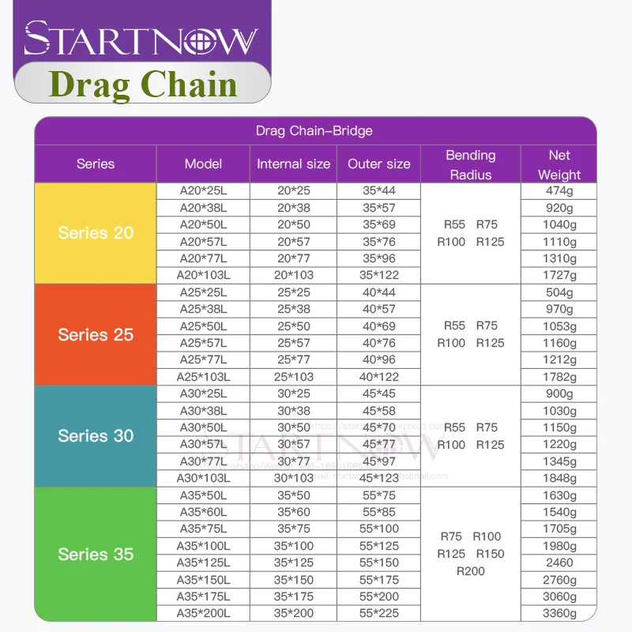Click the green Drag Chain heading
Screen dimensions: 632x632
pyautogui.click(x=143, y=84)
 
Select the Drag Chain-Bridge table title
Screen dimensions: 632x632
pyautogui.click(x=314, y=130)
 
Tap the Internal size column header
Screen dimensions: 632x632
pyautogui.click(x=293, y=164)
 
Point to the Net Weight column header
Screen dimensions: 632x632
pyautogui.click(x=559, y=164)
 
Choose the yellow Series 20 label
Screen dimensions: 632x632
pyautogui.click(x=96, y=233)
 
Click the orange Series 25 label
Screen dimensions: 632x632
pyautogui.click(x=96, y=334)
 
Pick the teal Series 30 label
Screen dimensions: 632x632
pyautogui.click(x=96, y=435)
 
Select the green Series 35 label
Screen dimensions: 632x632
pyautogui.click(x=96, y=554)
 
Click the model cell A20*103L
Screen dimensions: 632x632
pyautogui.click(x=203, y=275)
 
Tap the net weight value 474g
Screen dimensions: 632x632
pyautogui.click(x=559, y=191)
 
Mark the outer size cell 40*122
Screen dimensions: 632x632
pyautogui.click(x=379, y=376)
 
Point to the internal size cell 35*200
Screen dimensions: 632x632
pyautogui.click(x=293, y=613)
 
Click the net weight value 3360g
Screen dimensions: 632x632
pyautogui.click(x=559, y=613)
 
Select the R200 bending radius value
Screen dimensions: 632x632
pyautogui.click(x=471, y=571)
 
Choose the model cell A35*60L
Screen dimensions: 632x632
pyautogui.click(x=203, y=512)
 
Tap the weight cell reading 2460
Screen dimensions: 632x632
pyautogui.click(x=559, y=562)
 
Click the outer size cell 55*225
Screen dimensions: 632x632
pyautogui.click(x=379, y=613)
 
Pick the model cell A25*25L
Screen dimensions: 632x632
pyautogui.click(x=203, y=292)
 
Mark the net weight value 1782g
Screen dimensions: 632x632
pyautogui.click(x=559, y=376)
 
